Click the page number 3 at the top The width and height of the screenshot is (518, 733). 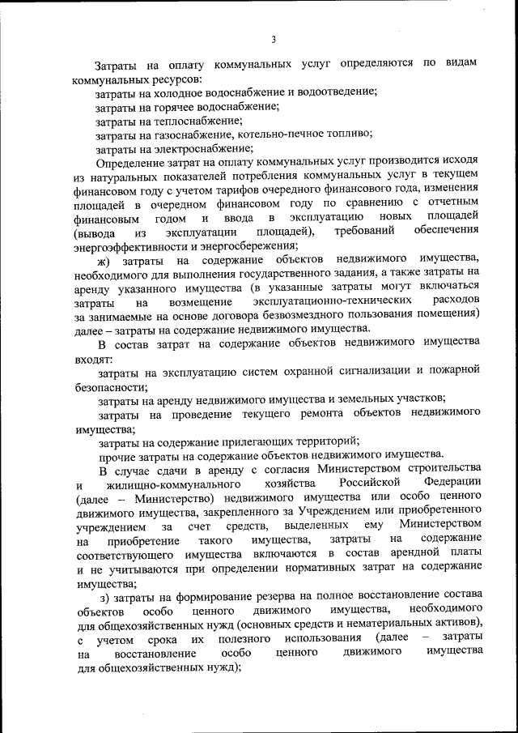[274, 39]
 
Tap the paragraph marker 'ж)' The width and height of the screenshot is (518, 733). [103, 262]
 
